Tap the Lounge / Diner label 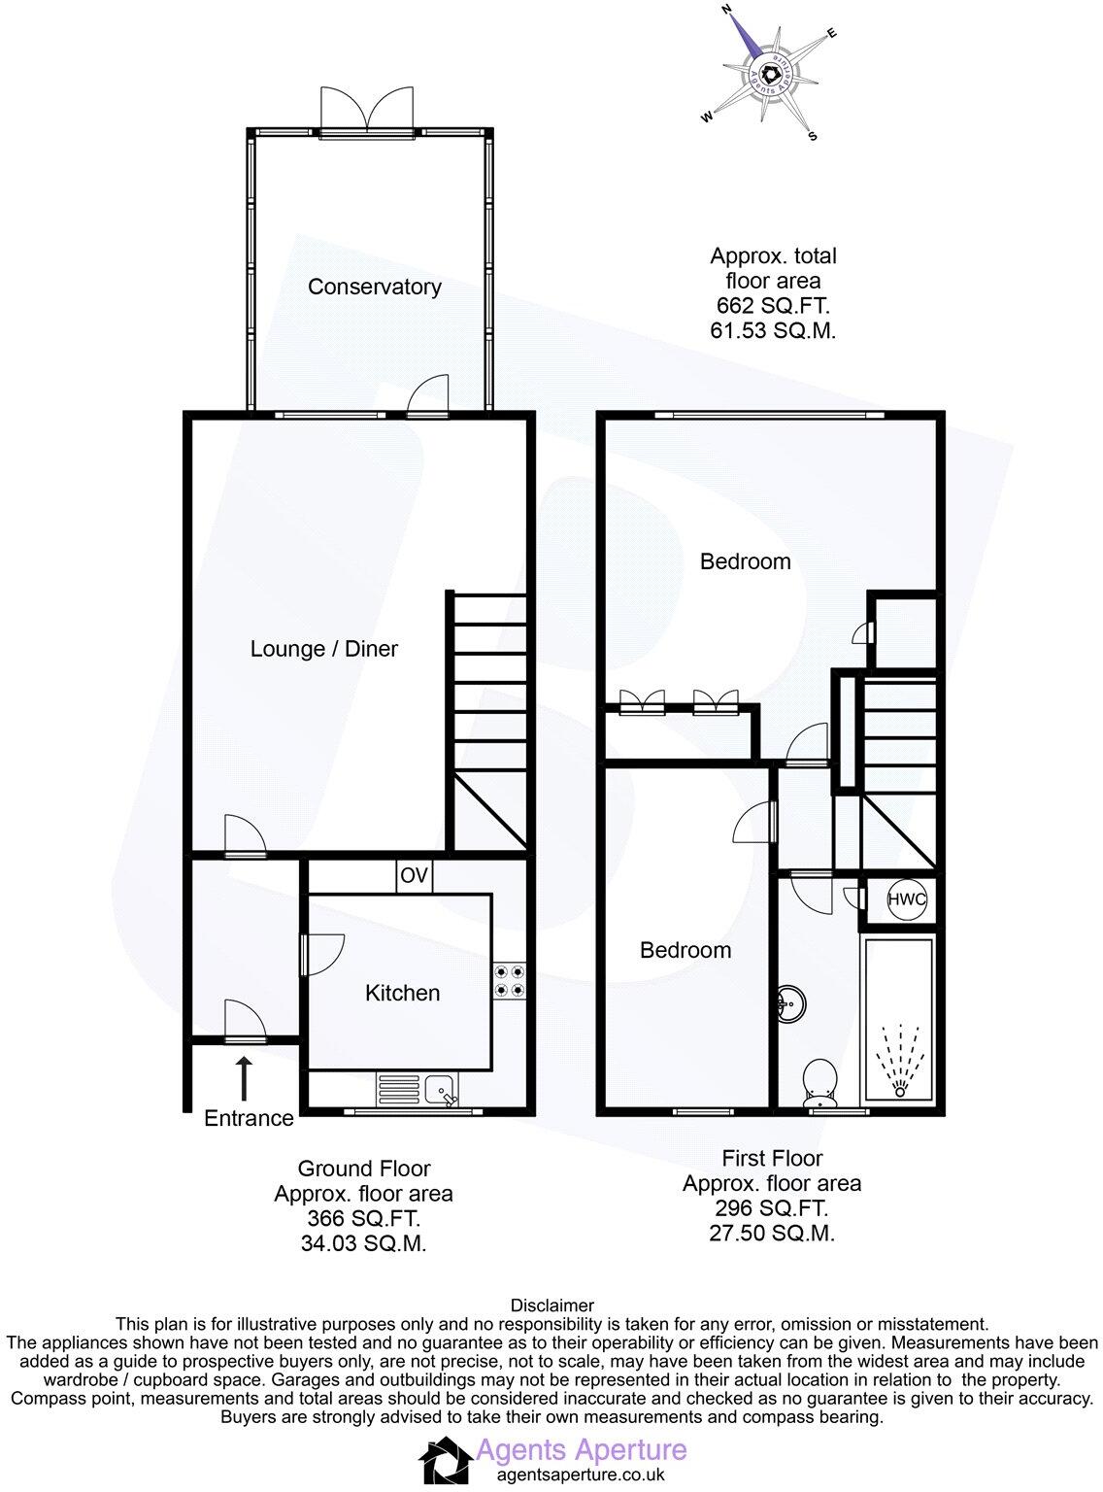point(324,649)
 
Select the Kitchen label point(402,993)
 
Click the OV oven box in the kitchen point(414,876)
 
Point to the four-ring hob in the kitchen point(509,980)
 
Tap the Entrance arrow point(243,1078)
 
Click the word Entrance point(249,1118)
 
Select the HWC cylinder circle point(907,899)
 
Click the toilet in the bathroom point(819,1084)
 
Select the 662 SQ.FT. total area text point(773,306)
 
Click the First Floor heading point(772,1158)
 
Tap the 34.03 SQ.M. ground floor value point(363,1243)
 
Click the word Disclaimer point(551,1305)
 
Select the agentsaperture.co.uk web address point(580,1475)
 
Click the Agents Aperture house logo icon point(445,1463)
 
